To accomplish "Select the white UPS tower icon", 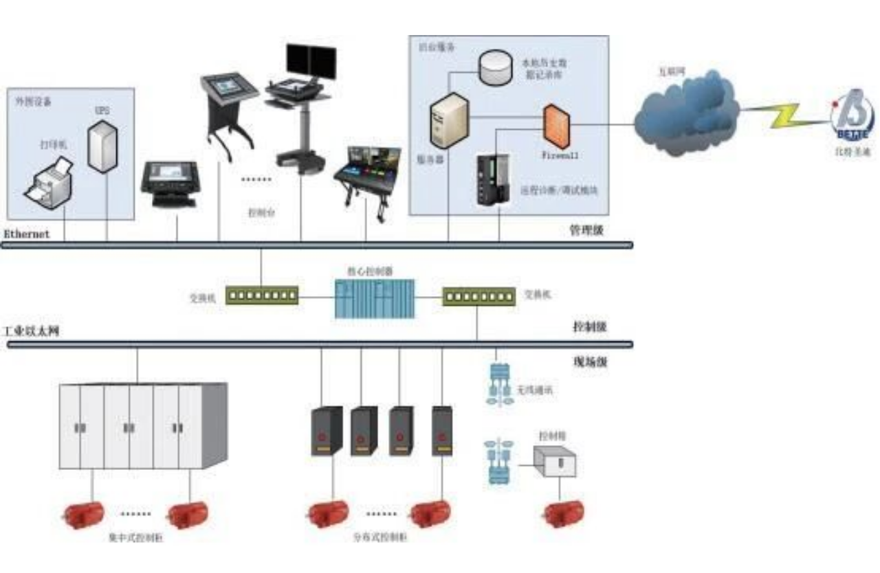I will [x=101, y=146].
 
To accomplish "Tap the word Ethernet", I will [x=27, y=234].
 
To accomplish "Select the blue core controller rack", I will [x=375, y=298].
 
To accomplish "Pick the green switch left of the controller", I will [x=263, y=295].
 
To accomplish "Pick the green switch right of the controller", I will [x=478, y=296].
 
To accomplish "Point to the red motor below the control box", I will [x=564, y=513].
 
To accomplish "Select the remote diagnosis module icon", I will [x=494, y=180].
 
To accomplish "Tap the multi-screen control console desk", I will [x=362, y=176].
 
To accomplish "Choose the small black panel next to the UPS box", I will [x=170, y=183].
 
